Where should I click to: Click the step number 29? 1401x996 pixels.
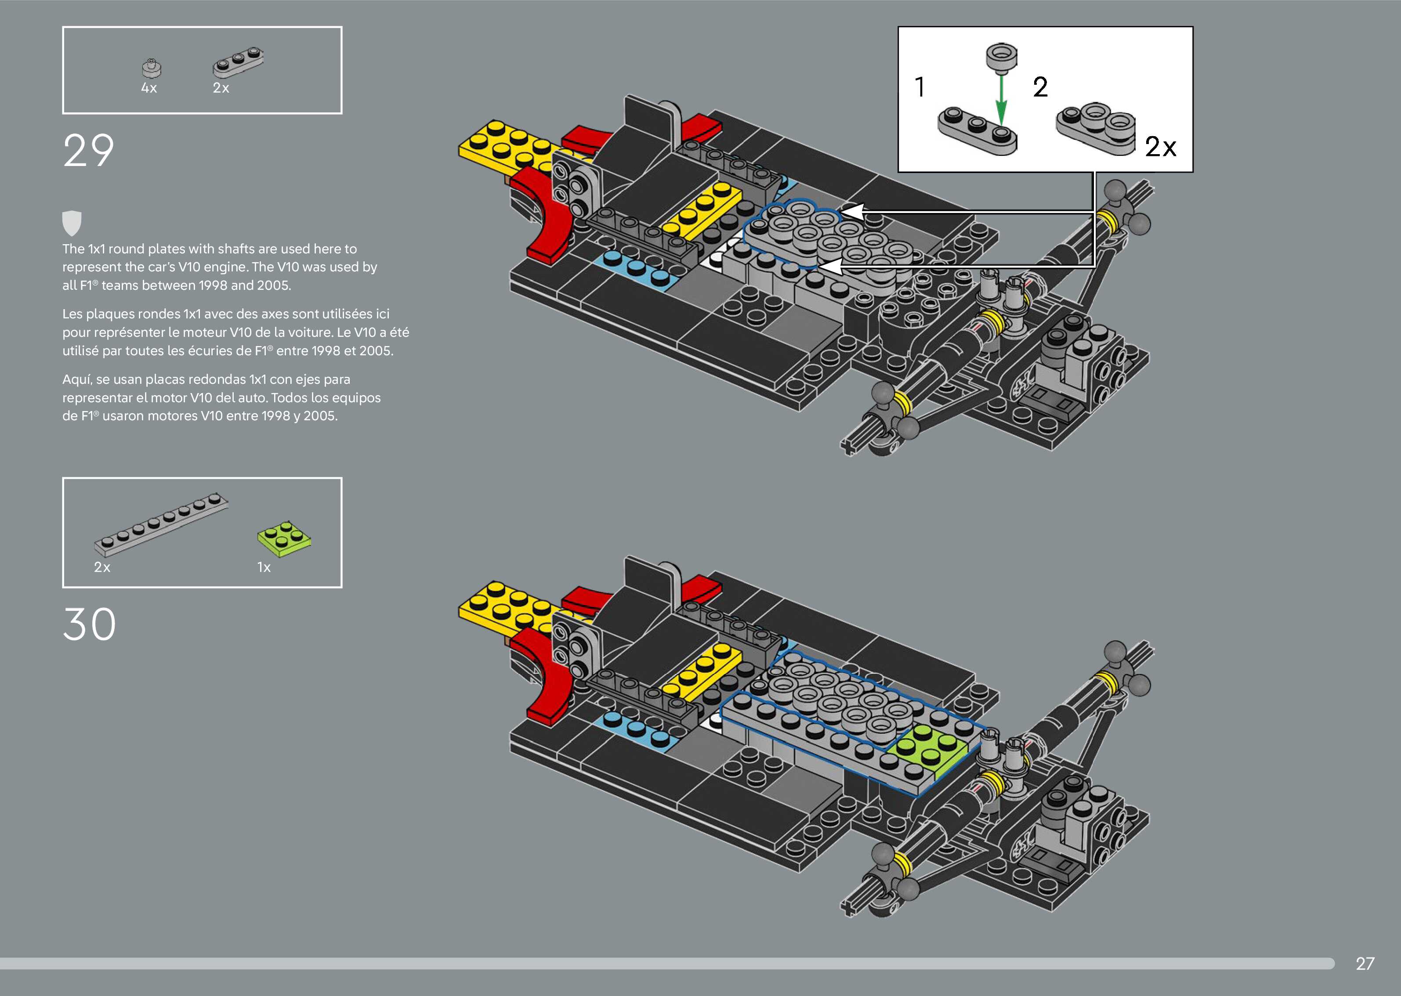(x=88, y=151)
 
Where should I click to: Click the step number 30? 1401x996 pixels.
(x=90, y=624)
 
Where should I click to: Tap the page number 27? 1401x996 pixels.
(x=1365, y=964)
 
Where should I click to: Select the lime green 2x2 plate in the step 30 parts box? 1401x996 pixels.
(x=284, y=539)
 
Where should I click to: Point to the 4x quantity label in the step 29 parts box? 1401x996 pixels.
(x=149, y=88)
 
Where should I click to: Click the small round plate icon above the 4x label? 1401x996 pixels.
(x=152, y=68)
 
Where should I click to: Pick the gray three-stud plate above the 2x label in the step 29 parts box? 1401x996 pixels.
(x=239, y=62)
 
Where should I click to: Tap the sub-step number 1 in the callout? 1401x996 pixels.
(x=920, y=87)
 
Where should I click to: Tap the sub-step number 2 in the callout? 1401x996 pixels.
(x=1040, y=87)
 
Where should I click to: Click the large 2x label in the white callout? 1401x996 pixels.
(x=1161, y=147)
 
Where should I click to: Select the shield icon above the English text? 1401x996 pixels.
(x=72, y=223)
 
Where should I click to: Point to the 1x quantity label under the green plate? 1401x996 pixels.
(x=264, y=567)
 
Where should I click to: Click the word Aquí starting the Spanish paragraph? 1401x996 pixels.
(x=77, y=379)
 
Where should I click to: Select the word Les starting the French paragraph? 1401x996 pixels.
(x=72, y=314)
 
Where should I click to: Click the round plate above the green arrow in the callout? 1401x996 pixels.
(x=1001, y=58)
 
